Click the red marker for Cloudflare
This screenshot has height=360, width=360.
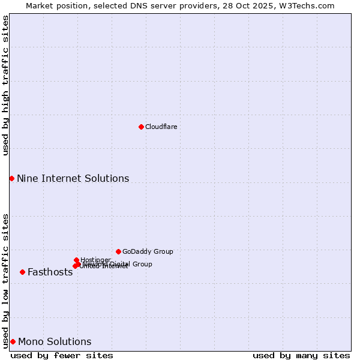click(141, 127)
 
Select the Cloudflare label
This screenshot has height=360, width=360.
click(161, 127)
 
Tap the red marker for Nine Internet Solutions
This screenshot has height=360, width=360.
click(11, 178)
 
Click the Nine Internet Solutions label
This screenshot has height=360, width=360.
click(73, 178)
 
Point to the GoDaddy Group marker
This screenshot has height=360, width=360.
click(118, 251)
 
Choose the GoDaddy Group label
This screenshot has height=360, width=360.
click(148, 251)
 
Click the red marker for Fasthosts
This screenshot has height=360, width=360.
click(22, 272)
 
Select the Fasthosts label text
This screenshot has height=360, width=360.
click(50, 272)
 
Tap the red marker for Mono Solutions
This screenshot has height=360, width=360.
click(13, 341)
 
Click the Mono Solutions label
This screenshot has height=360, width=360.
click(55, 341)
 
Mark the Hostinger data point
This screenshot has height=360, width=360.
click(76, 260)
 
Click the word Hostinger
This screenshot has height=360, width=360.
click(95, 260)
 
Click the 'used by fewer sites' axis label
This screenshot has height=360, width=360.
click(62, 355)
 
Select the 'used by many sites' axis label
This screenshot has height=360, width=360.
click(301, 355)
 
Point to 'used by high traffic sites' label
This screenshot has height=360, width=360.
click(5, 85)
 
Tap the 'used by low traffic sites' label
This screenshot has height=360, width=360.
click(5, 280)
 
